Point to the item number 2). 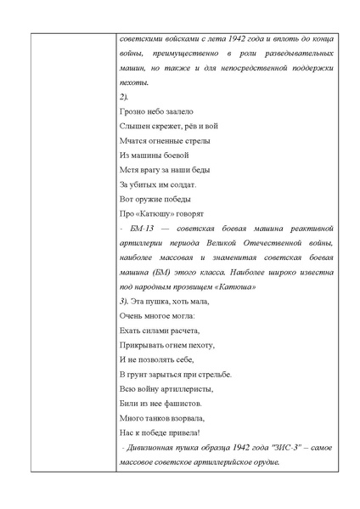pyautogui.click(x=124, y=97)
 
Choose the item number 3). pyautogui.click(x=124, y=301)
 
